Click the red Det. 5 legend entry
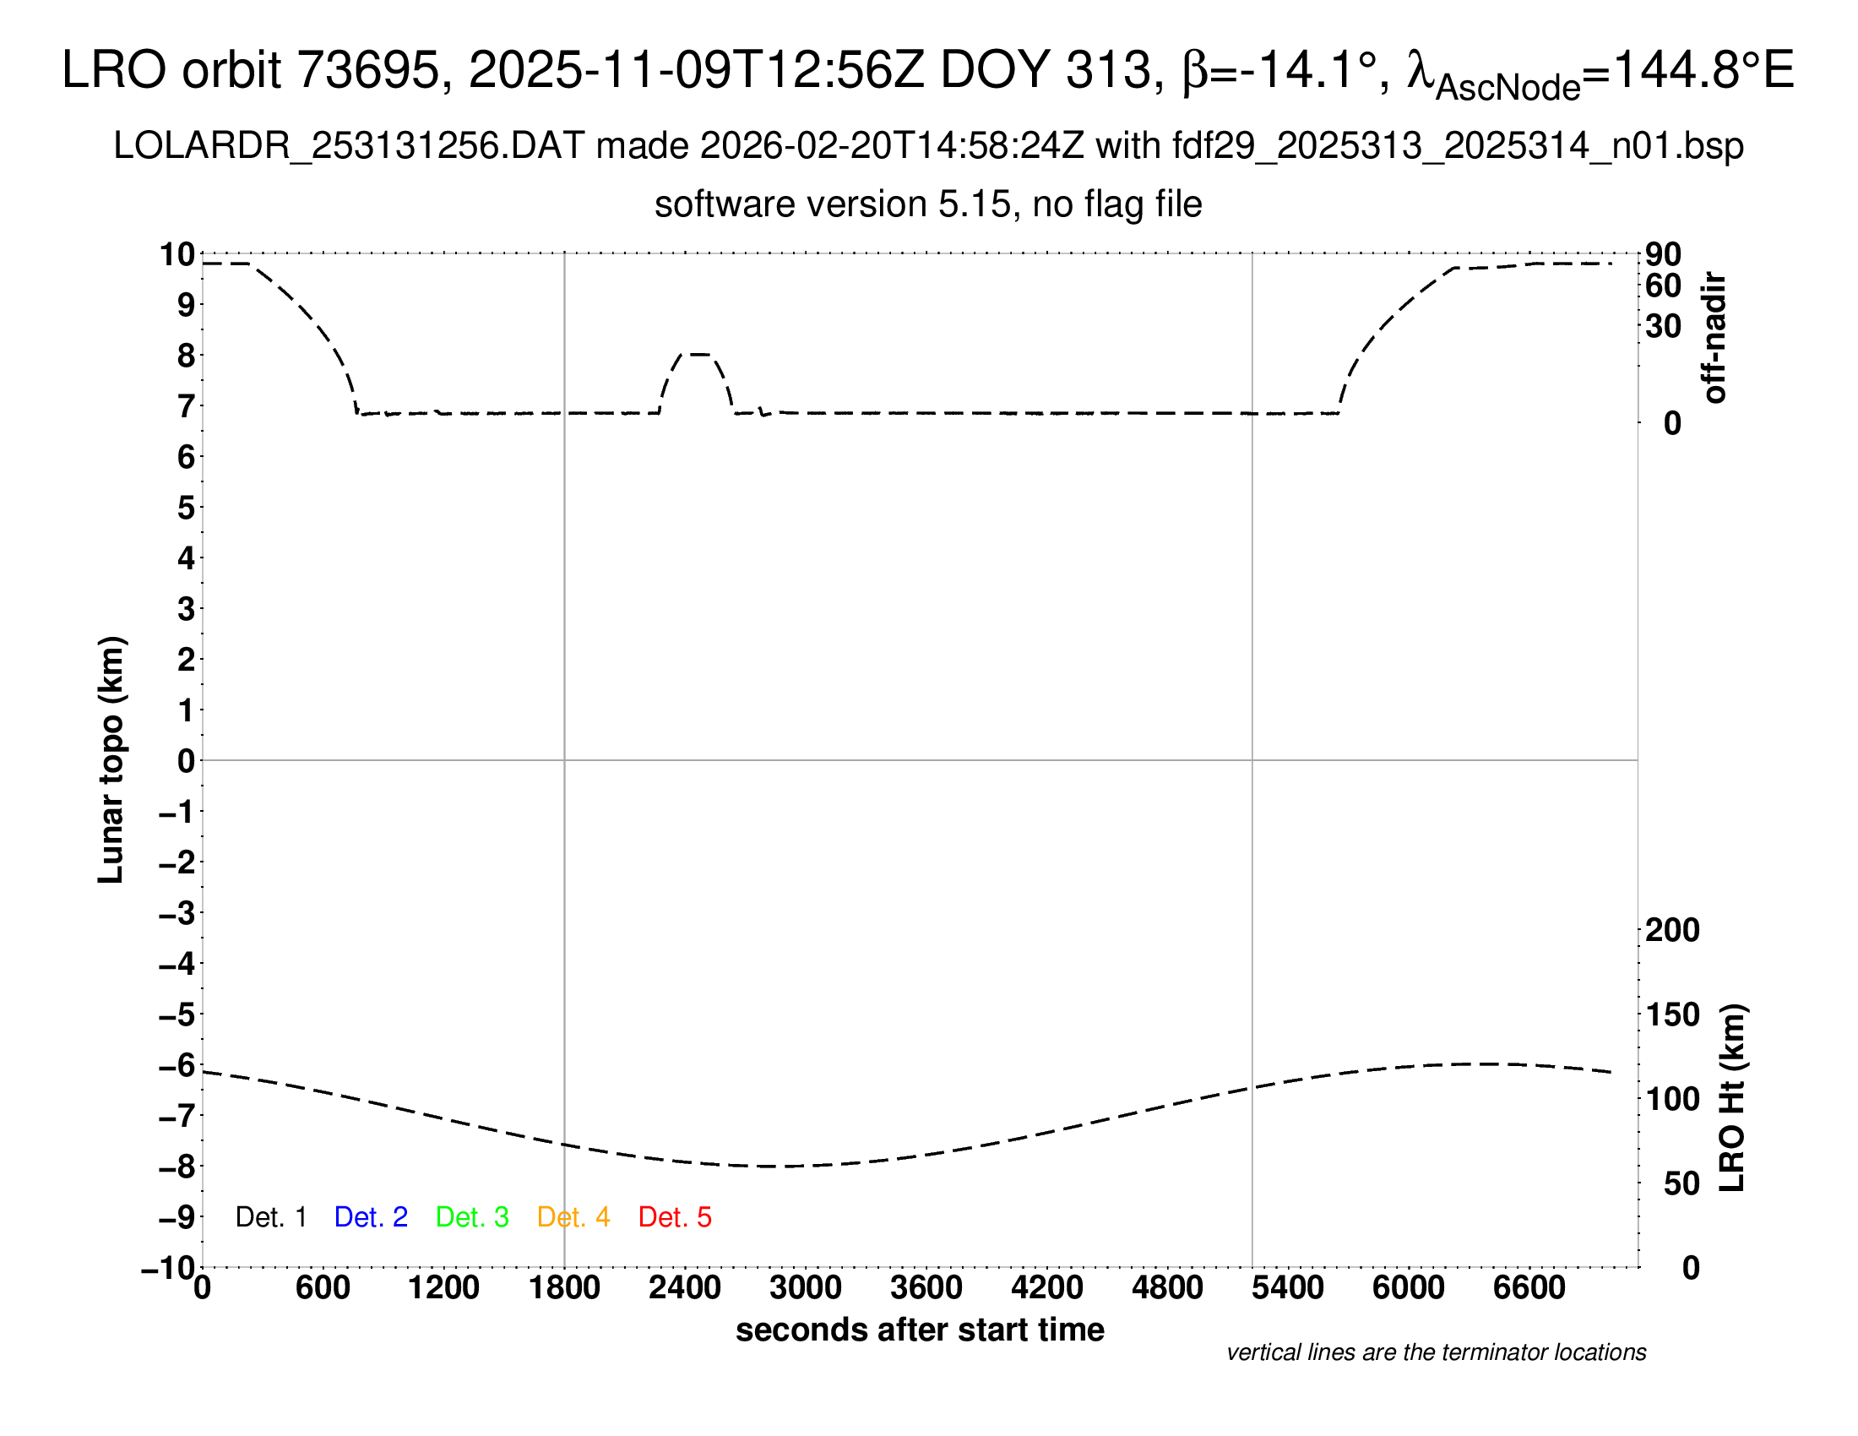click(x=675, y=1217)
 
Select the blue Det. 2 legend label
click(x=371, y=1217)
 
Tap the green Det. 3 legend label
click(x=472, y=1217)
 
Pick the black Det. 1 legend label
click(x=270, y=1217)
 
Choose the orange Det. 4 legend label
click(x=573, y=1217)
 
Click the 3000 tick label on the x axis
click(x=806, y=1288)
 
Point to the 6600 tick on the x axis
click(x=1529, y=1288)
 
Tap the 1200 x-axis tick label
click(x=443, y=1288)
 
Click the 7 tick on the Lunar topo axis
click(x=186, y=406)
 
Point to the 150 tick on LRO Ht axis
click(x=1671, y=1014)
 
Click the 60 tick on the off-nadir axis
click(x=1663, y=286)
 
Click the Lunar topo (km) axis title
click(x=111, y=759)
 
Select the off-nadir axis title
click(x=1714, y=338)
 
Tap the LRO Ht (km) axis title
click(x=1732, y=1098)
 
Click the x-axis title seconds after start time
click(x=920, y=1330)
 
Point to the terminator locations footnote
click(x=1436, y=1352)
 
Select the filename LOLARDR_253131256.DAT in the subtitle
click(x=349, y=146)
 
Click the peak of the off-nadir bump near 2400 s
click(x=698, y=353)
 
